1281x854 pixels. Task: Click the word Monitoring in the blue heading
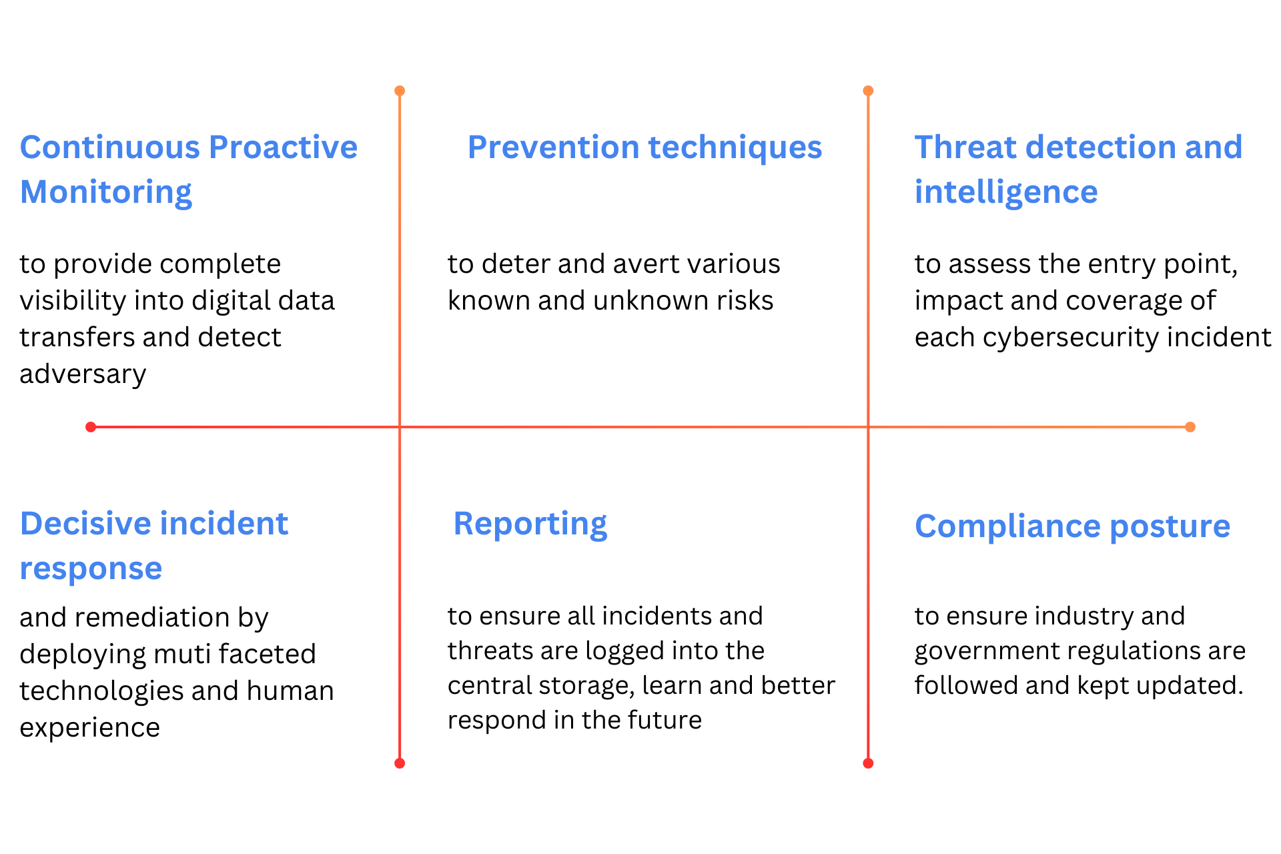106,192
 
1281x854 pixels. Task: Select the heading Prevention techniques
645,147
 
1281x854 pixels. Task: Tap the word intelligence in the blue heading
1006,192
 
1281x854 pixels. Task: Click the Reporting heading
530,524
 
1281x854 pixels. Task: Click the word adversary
83,374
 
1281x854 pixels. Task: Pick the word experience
89,728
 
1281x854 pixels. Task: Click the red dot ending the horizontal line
91,427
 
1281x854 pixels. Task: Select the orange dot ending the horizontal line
1190,427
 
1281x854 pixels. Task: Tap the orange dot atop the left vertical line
400,91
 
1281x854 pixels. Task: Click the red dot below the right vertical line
868,763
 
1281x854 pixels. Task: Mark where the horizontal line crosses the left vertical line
400,427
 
